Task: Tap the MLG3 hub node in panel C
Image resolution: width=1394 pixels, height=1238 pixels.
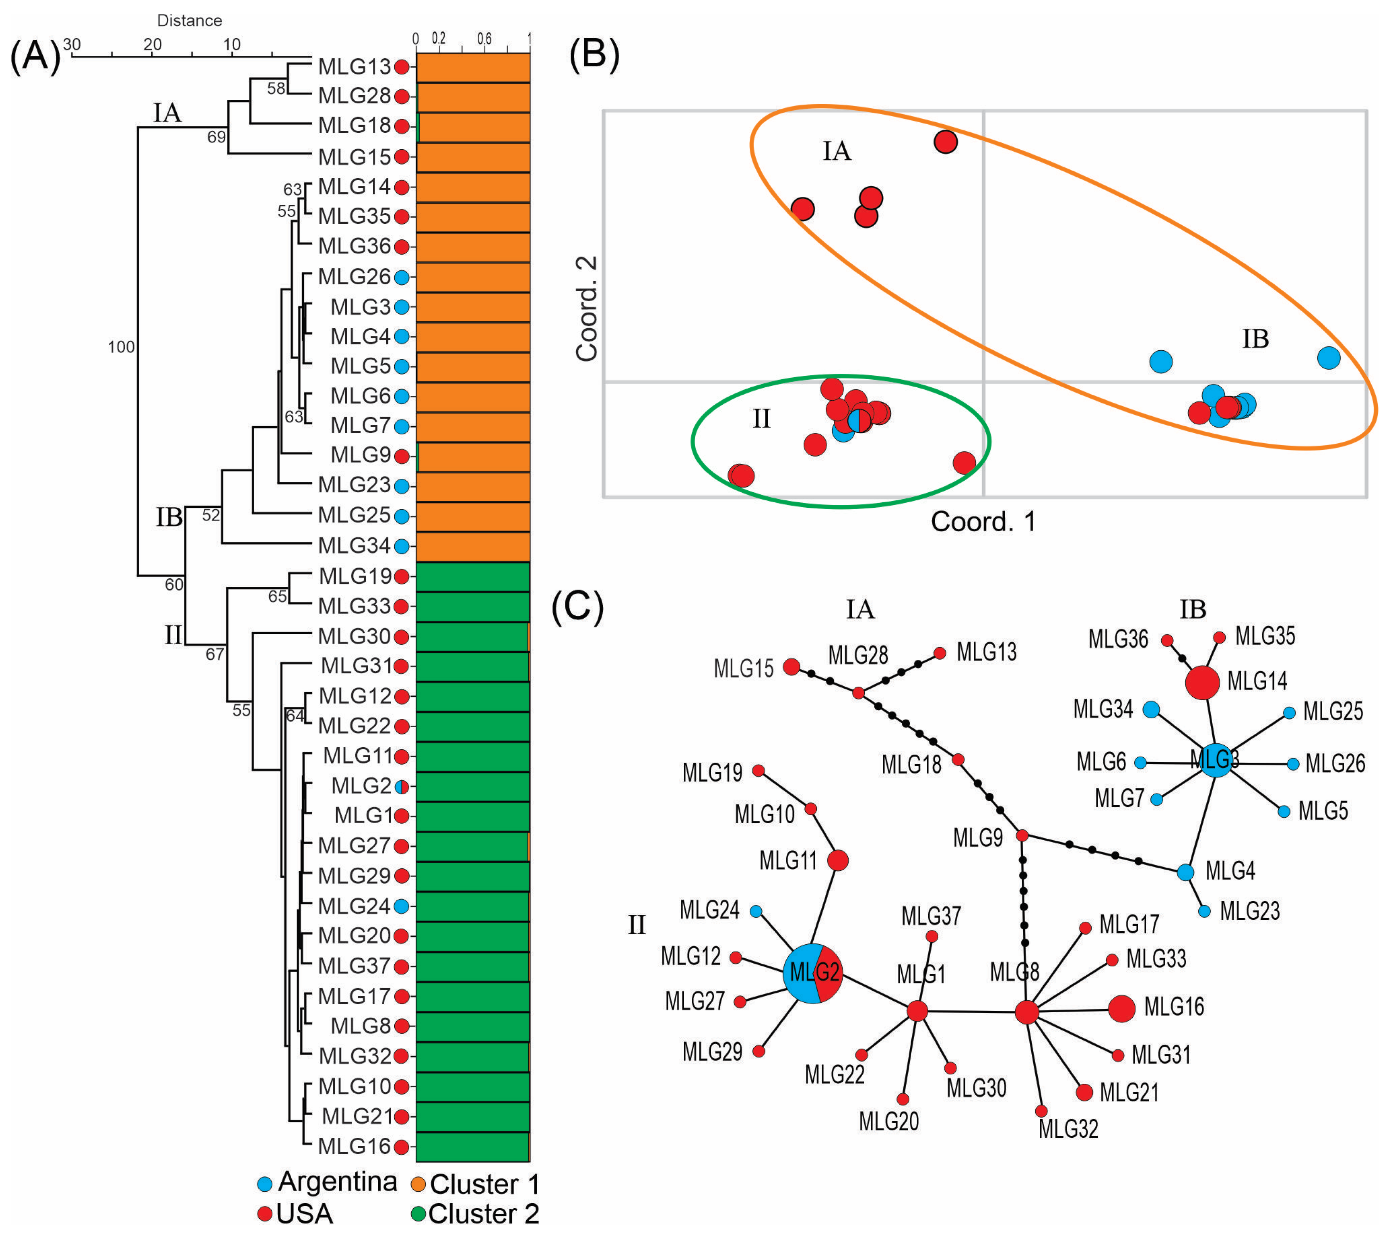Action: (1215, 760)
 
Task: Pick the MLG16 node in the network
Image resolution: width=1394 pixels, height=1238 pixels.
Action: (1121, 1008)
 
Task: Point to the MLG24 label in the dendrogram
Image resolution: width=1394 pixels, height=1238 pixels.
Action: (354, 906)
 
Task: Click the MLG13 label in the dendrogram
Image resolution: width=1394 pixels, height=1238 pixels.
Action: (354, 67)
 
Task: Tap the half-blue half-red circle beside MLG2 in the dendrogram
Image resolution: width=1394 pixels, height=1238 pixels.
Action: (402, 787)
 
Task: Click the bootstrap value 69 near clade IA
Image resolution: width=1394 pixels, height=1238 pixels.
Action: (216, 137)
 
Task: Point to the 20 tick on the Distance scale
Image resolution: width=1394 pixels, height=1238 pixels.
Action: (152, 45)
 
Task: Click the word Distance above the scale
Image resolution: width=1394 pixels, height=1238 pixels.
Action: (189, 20)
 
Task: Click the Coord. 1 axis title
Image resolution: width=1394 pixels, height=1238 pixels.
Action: (983, 522)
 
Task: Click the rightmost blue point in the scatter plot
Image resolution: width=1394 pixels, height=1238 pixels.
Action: (1328, 357)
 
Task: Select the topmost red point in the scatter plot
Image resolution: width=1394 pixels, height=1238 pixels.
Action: (945, 142)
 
